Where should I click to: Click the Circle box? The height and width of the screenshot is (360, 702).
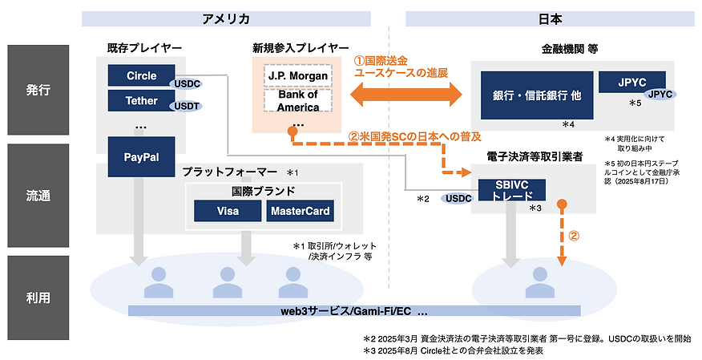point(141,76)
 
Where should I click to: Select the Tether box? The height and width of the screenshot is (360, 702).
point(141,102)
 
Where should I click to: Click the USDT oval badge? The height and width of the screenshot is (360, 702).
point(186,105)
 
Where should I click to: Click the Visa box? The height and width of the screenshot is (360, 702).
point(228,212)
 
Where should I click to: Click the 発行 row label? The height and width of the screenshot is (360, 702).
point(37,90)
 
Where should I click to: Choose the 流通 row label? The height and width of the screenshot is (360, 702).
point(37,195)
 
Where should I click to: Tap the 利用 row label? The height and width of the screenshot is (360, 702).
point(37,297)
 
